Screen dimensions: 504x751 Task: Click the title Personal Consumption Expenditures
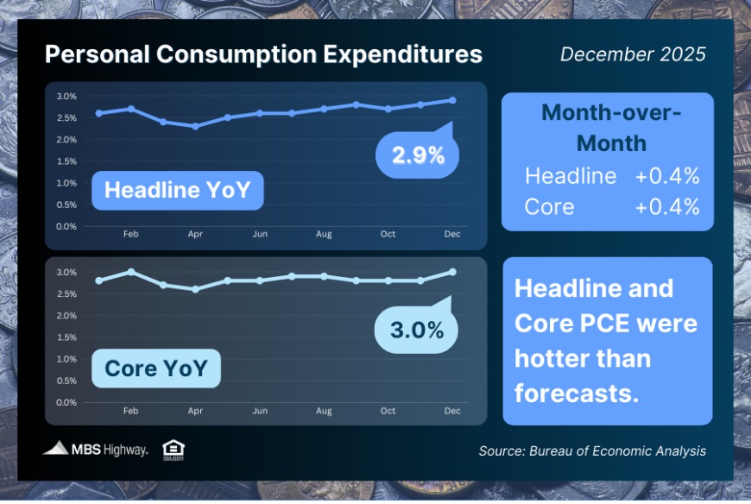[263, 54]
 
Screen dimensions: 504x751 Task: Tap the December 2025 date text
[633, 54]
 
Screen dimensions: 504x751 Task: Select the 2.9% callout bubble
[418, 154]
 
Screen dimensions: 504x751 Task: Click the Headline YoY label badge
[177, 190]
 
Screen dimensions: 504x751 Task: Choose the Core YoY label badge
[156, 369]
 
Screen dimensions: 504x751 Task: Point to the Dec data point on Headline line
[452, 100]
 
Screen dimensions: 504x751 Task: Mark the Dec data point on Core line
[452, 272]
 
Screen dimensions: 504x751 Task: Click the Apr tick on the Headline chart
[195, 234]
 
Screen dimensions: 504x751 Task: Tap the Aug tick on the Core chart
[324, 411]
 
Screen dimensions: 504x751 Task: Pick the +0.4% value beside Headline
[667, 177]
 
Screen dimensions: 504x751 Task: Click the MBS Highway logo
[96, 449]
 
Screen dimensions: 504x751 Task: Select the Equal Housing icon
[174, 449]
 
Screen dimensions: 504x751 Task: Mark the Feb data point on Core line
[130, 272]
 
